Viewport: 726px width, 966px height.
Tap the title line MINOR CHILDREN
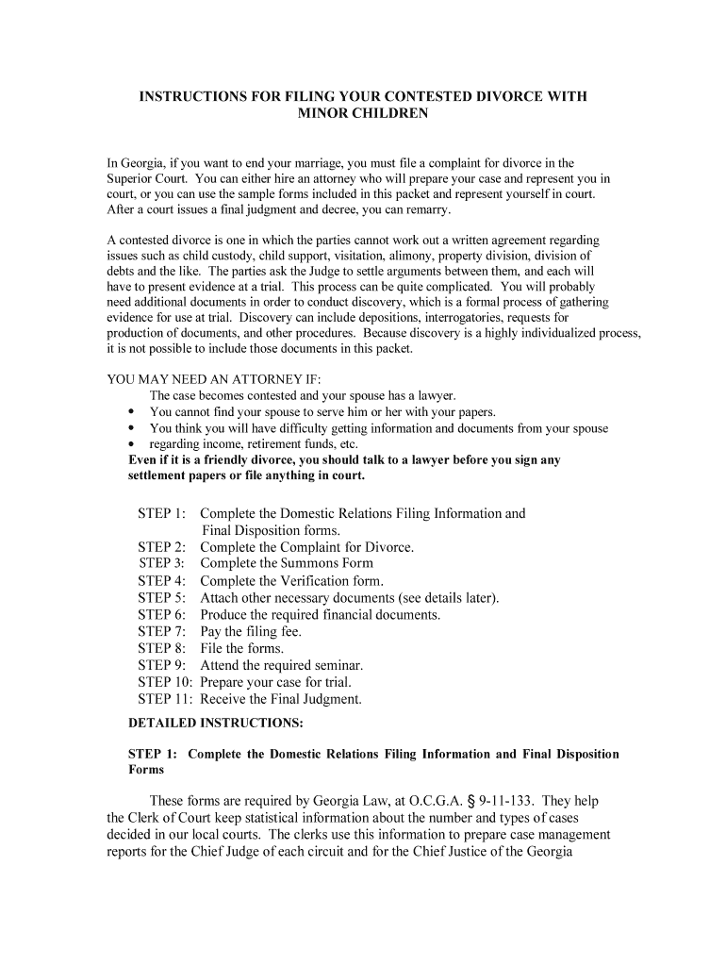coord(363,113)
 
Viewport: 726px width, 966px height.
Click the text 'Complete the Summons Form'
coord(287,564)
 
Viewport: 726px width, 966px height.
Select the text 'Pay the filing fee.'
coord(251,632)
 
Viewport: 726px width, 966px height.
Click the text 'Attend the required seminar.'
coord(281,665)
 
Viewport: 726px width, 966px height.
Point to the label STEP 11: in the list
coord(165,699)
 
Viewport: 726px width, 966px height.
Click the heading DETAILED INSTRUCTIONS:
coord(216,724)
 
